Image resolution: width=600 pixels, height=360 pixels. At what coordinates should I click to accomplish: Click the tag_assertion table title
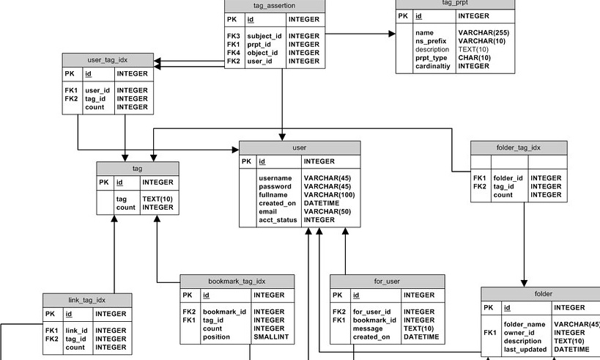tap(274, 5)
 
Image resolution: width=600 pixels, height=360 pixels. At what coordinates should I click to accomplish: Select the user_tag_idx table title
tap(108, 59)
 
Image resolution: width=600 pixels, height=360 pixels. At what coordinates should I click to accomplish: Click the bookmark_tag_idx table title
tap(237, 281)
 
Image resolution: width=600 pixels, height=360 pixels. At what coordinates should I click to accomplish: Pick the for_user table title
tap(387, 281)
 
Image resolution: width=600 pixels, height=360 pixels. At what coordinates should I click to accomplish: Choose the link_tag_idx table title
tap(87, 300)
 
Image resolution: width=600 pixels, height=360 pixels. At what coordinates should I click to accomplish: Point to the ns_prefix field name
tap(431, 41)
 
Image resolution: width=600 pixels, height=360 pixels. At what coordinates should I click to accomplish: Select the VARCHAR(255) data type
tap(484, 33)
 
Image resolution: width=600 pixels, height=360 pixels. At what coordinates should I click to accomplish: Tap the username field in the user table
tap(275, 178)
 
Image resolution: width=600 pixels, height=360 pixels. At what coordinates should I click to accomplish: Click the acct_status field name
tap(278, 219)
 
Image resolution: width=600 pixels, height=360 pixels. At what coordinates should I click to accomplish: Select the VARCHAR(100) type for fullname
tap(330, 194)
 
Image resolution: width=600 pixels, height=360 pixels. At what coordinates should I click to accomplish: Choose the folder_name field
tap(525, 324)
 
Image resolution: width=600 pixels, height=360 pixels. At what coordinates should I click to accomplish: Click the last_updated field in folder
tap(525, 350)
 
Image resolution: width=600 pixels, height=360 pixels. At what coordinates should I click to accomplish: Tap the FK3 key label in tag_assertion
tap(234, 36)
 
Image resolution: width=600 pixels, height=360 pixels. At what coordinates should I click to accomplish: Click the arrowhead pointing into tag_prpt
tap(390, 33)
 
